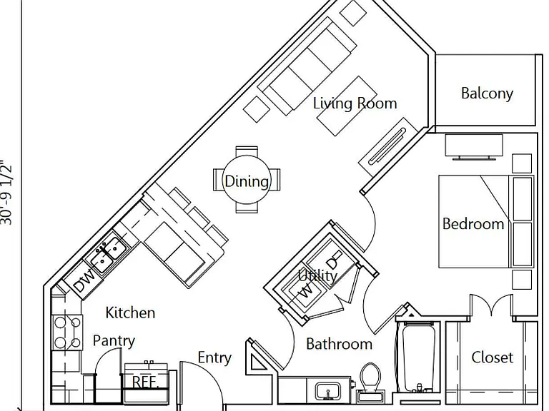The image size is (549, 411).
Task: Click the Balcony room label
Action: pyautogui.click(x=487, y=93)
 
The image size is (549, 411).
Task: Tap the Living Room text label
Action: pyautogui.click(x=355, y=103)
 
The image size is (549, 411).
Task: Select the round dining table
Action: pyautogui.click(x=247, y=180)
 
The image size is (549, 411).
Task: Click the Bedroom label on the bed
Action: pyautogui.click(x=473, y=223)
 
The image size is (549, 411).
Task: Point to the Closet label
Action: pyautogui.click(x=493, y=357)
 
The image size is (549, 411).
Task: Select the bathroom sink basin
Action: pyautogui.click(x=327, y=391)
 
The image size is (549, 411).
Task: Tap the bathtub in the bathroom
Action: pyautogui.click(x=417, y=357)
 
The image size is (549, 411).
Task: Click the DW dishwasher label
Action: pyautogui.click(x=84, y=280)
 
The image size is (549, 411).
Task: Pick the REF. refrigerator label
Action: pyautogui.click(x=146, y=382)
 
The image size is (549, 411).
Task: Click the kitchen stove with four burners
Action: pyautogui.click(x=67, y=332)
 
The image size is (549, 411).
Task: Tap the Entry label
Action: pyautogui.click(x=214, y=358)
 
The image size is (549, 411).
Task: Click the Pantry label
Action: pyautogui.click(x=114, y=341)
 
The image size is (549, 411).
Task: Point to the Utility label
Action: pyautogui.click(x=317, y=275)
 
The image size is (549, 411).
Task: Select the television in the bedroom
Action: pyautogui.click(x=474, y=147)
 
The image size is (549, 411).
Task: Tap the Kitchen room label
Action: pyautogui.click(x=130, y=313)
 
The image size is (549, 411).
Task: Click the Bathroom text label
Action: pyautogui.click(x=339, y=344)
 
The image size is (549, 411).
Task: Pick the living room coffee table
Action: pyautogui.click(x=347, y=106)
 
